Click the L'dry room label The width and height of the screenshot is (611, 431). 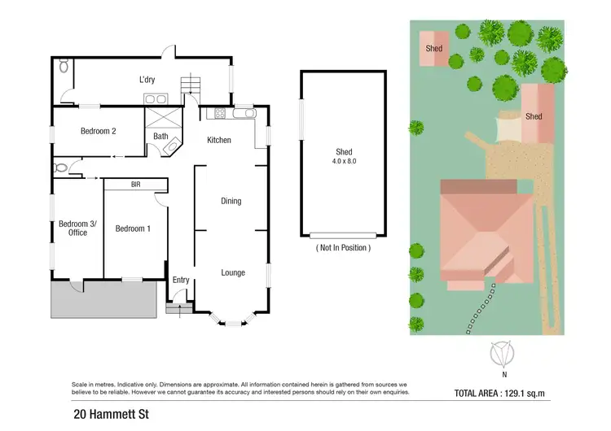147,80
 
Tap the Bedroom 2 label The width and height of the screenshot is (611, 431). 98,131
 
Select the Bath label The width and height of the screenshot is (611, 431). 160,136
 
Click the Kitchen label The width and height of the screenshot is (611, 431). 218,140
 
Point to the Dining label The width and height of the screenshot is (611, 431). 231,201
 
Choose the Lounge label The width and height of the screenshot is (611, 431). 233,272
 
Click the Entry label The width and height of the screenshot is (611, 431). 181,281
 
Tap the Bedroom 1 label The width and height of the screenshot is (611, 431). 132,229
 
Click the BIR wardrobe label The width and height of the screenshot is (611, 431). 135,185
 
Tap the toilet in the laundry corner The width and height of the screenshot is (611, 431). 64,69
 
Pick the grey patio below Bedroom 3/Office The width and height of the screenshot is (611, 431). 103,300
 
